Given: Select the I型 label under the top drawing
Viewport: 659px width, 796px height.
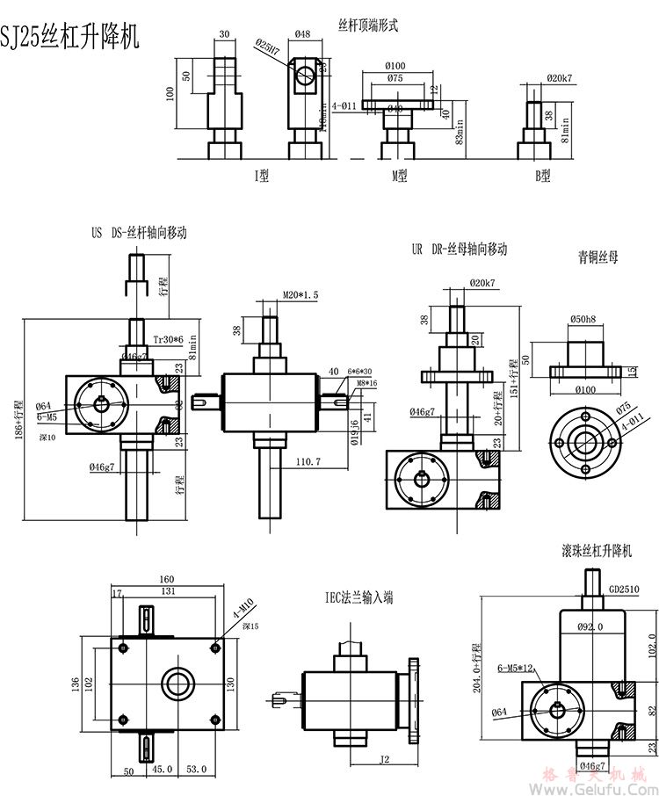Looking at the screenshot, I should [261, 175].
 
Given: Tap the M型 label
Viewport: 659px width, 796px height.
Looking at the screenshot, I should [400, 175].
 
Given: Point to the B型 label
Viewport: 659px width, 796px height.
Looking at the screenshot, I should [543, 175].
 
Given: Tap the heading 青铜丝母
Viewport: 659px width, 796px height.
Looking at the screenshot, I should [597, 257].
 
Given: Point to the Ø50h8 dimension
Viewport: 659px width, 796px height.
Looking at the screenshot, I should [583, 318].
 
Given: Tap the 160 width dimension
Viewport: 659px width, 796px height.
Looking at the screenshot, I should [165, 580].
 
